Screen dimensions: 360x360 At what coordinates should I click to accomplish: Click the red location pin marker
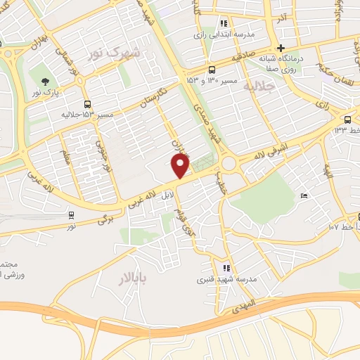[x=181, y=166]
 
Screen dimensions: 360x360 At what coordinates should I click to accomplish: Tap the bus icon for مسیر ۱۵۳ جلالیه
[x=86, y=102]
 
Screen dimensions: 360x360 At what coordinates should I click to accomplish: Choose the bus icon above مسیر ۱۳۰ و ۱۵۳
[x=212, y=70]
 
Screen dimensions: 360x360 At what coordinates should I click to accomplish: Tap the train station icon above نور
[x=71, y=215]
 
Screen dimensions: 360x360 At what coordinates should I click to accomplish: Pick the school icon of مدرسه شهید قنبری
[x=226, y=267]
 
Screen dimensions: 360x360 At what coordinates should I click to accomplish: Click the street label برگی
[x=105, y=219]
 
